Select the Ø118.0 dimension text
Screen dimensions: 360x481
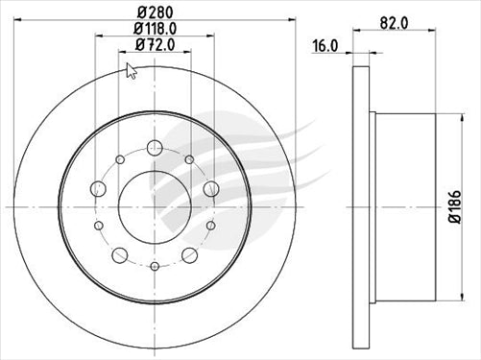pyautogui.click(x=154, y=29)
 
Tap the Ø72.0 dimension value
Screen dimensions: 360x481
pyautogui.click(x=154, y=44)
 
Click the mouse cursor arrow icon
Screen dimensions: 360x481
pyautogui.click(x=132, y=70)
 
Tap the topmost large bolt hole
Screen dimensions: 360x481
pyautogui.click(x=154, y=148)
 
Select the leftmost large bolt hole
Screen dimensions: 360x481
pyautogui.click(x=99, y=187)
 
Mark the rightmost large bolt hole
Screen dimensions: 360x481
pyautogui.click(x=209, y=187)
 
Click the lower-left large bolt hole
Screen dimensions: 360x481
pyautogui.click(x=119, y=253)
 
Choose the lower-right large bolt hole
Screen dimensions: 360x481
pyautogui.click(x=188, y=253)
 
